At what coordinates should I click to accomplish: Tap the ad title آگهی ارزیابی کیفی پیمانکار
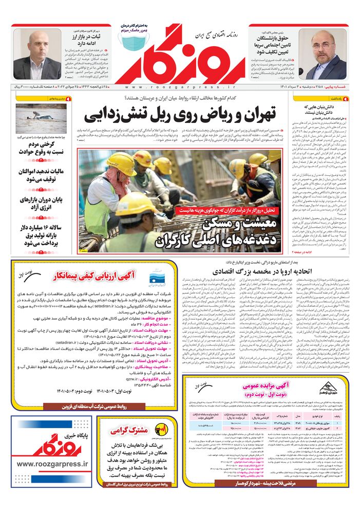coord(103,277)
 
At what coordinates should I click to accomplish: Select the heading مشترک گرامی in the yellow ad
coord(136,430)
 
